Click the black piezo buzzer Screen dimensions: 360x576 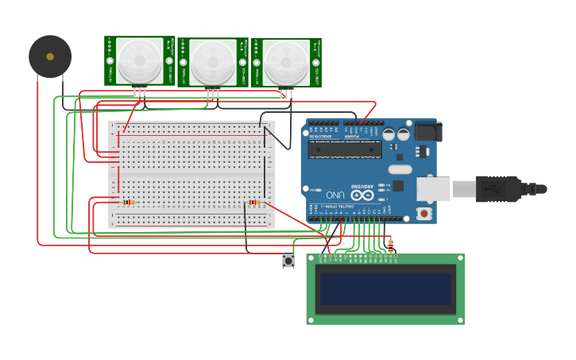click(50, 57)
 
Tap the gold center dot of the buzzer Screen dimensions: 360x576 click(50, 56)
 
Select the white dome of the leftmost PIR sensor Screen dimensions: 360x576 click(140, 60)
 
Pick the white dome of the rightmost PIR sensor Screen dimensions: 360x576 click(286, 61)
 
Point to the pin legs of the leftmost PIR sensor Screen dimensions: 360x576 click(140, 92)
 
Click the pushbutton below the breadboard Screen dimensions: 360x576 click(288, 260)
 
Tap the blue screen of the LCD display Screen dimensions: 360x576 click(385, 289)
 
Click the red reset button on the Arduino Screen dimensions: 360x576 click(424, 213)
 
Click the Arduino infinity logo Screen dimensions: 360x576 click(362, 195)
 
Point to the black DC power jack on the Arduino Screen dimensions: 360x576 click(425, 131)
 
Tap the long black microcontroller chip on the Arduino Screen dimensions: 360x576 click(344, 149)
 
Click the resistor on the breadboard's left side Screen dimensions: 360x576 click(128, 202)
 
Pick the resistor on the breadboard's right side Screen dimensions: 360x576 click(253, 202)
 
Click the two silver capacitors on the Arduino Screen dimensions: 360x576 click(396, 134)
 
